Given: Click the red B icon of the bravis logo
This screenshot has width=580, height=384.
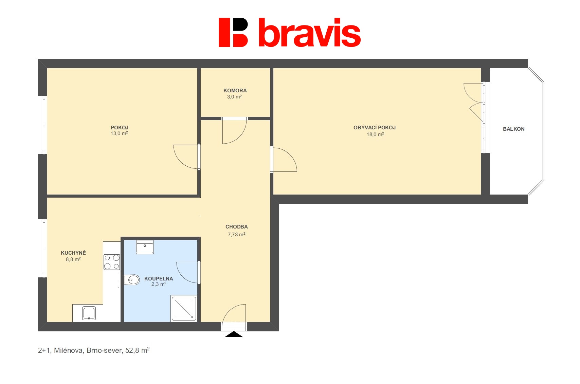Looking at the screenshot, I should point(233,32).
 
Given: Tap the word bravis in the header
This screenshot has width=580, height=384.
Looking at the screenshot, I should point(309,33).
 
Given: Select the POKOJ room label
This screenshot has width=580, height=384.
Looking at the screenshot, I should point(120,128).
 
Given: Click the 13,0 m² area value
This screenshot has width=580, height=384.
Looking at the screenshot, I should point(119,133).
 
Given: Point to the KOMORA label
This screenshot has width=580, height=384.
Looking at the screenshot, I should point(235,91).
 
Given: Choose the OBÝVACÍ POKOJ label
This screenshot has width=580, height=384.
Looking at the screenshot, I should point(375,128).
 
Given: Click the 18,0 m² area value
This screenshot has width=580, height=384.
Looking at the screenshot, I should point(375,134).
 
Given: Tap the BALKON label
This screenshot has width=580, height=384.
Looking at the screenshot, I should point(513,129).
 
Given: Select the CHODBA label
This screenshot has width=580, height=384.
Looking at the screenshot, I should point(237,227).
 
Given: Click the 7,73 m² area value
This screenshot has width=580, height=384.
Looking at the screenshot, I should point(237,235).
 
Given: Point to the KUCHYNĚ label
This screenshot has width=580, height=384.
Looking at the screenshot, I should point(73,253).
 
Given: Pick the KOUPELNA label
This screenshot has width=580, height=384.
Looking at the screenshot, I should point(159,279).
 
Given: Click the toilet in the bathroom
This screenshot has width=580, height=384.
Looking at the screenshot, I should point(132,280).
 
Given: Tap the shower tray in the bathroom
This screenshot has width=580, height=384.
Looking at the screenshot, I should point(184,308).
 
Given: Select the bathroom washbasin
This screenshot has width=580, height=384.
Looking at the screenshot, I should point(145,247).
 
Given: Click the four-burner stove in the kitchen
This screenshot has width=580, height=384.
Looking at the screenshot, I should point(112,262).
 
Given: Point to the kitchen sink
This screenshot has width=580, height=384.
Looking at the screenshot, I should point(89,313).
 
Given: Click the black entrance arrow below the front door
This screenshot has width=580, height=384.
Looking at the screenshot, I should point(234,334).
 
